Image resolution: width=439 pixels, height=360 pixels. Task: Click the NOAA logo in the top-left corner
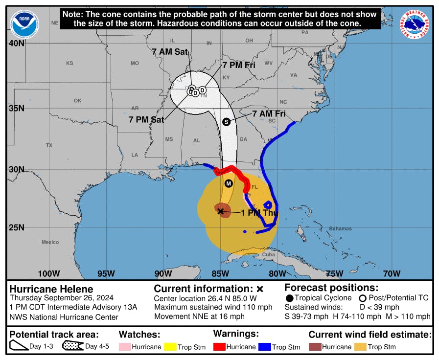click(x=24, y=24)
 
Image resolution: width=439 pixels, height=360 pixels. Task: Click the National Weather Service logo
click(x=415, y=24)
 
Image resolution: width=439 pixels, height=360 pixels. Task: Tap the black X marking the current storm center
click(x=220, y=211)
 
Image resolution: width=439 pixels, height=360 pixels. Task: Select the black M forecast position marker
click(x=228, y=183)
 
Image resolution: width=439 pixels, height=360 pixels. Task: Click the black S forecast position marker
click(x=226, y=122)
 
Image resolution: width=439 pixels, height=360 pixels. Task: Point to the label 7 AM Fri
click(x=269, y=113)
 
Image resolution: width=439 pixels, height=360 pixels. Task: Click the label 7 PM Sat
click(x=146, y=119)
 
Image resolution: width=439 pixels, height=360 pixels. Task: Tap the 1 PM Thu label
click(x=259, y=213)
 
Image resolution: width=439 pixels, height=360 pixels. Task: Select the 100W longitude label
click(x=49, y=273)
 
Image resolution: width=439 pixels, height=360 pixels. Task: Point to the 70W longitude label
click(x=392, y=273)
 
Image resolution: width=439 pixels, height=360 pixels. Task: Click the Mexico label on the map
click(x=50, y=242)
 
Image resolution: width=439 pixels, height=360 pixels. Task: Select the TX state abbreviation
click(x=49, y=145)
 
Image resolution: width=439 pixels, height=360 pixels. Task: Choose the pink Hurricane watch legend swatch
click(x=125, y=347)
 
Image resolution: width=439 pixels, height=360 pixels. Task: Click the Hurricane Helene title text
click(x=51, y=289)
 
